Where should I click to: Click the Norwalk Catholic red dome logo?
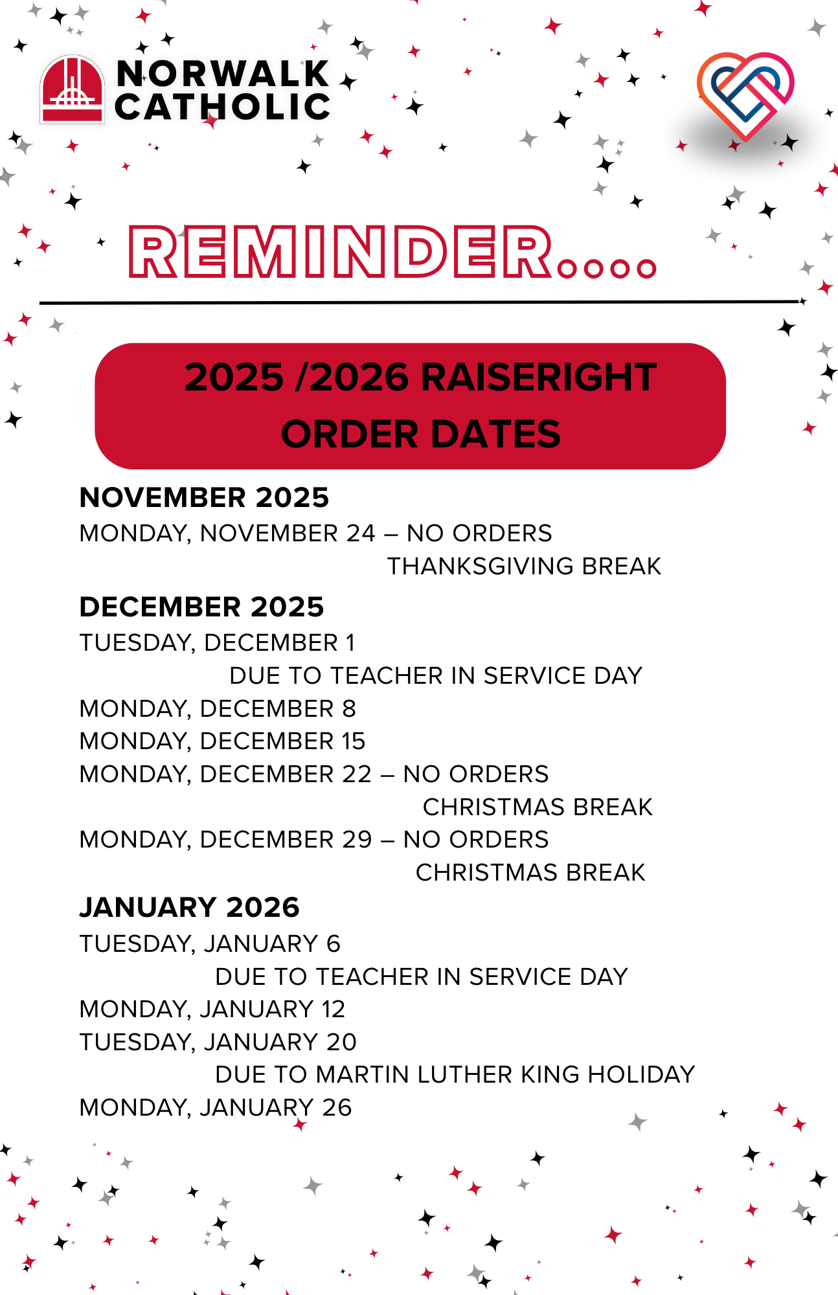[x=72, y=89]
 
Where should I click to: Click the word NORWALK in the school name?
[x=223, y=73]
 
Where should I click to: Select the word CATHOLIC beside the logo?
[x=223, y=107]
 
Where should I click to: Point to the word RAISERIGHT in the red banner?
[x=539, y=377]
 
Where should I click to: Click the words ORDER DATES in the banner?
[x=421, y=434]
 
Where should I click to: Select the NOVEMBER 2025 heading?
[x=204, y=498]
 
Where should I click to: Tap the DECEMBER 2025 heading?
[x=201, y=607]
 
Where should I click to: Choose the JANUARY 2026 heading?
[x=189, y=908]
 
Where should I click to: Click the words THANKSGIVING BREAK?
[x=524, y=567]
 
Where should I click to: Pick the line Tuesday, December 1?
[x=217, y=643]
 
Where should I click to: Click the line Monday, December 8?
[x=218, y=709]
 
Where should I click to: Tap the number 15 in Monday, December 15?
[x=354, y=741]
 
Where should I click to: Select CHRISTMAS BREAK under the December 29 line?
[x=530, y=873]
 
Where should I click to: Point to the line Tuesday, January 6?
[x=210, y=944]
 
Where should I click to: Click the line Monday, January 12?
[x=212, y=1009]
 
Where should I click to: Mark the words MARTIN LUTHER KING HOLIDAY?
[x=505, y=1075]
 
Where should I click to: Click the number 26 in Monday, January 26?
[x=337, y=1108]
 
